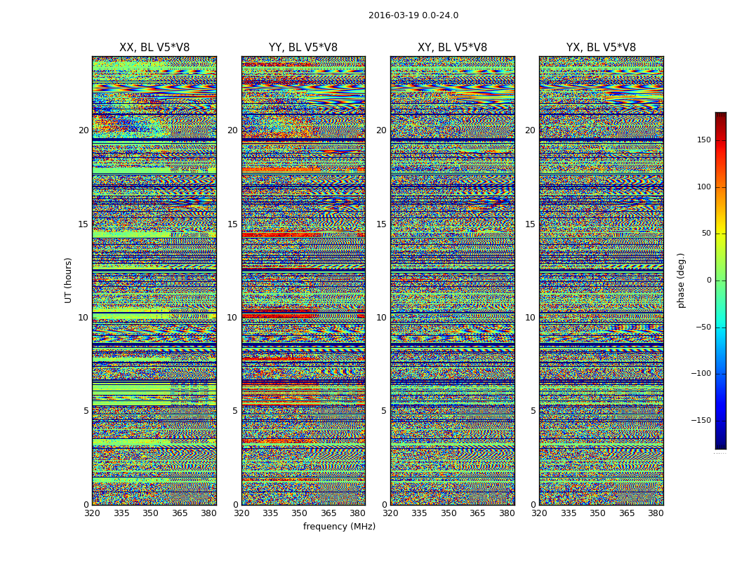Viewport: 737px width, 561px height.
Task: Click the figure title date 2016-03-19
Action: click(393, 15)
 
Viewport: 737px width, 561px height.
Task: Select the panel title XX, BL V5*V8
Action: click(154, 48)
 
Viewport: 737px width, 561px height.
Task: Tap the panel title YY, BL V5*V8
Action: click(303, 48)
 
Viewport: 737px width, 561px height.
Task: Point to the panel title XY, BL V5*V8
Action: click(452, 48)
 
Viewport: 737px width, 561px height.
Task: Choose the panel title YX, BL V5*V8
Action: click(601, 48)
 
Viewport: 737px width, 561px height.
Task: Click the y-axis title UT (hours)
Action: click(69, 280)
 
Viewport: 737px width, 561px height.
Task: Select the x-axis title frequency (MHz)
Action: click(339, 527)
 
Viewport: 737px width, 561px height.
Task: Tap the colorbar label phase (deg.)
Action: click(681, 280)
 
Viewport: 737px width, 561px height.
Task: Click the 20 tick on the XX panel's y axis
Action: click(84, 130)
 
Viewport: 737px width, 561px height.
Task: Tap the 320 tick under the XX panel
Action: click(92, 513)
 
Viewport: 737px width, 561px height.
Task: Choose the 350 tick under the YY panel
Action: click(300, 513)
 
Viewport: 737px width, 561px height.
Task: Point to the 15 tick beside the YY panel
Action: click(232, 224)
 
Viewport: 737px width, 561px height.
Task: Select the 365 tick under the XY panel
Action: click(477, 513)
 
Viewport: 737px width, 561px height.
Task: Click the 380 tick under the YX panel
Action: click(656, 513)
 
